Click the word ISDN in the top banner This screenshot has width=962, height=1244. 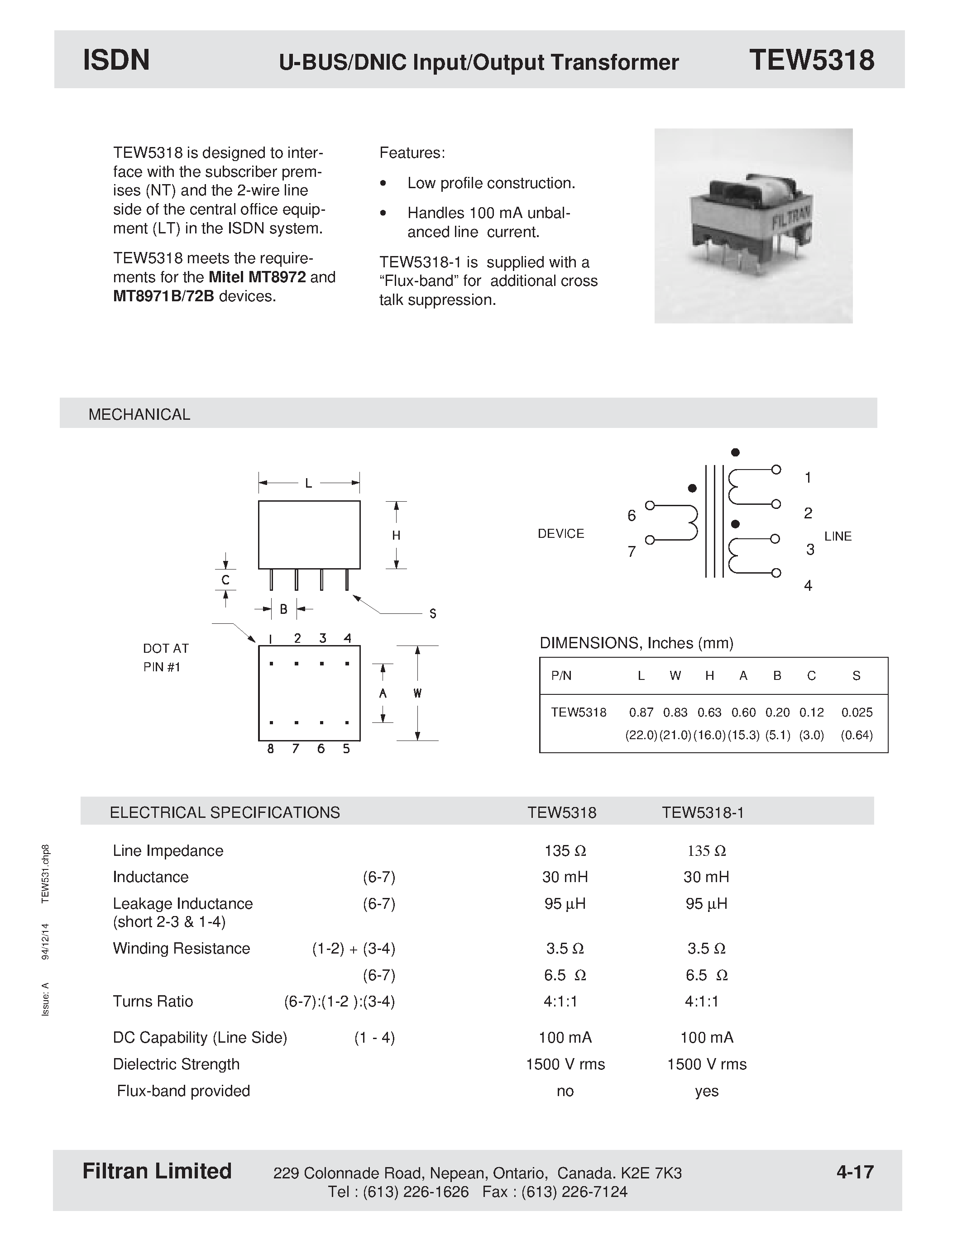pyautogui.click(x=116, y=60)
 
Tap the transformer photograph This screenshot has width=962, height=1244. pyautogui.click(x=753, y=226)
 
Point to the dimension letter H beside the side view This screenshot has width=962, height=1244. pyautogui.click(x=396, y=536)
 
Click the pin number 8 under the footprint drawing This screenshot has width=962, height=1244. pyautogui.click(x=270, y=749)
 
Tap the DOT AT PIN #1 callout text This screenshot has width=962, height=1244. pyautogui.click(x=165, y=657)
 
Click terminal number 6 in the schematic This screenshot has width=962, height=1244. pyautogui.click(x=631, y=516)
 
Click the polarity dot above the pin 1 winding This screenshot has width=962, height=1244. pyautogui.click(x=735, y=452)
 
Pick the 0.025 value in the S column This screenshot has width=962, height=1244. pyautogui.click(x=857, y=712)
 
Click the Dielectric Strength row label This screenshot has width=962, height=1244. pyautogui.click(x=176, y=1064)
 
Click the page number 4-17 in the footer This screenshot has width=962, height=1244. pyautogui.click(x=855, y=1172)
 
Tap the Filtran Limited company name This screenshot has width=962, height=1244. pyautogui.click(x=157, y=1171)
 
